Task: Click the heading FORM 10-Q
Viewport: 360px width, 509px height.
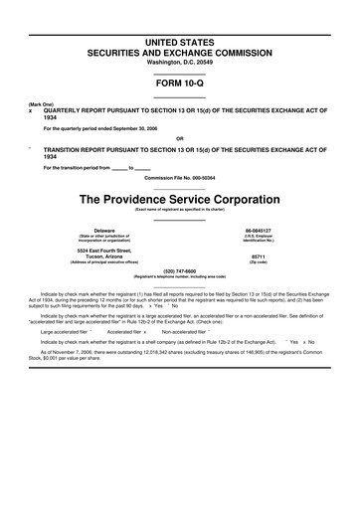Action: tap(180, 84)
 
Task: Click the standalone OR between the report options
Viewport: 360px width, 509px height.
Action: tap(180, 138)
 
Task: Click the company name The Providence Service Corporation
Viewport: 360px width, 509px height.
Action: tap(180, 199)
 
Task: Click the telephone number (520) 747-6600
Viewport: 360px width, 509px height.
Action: tap(180, 270)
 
